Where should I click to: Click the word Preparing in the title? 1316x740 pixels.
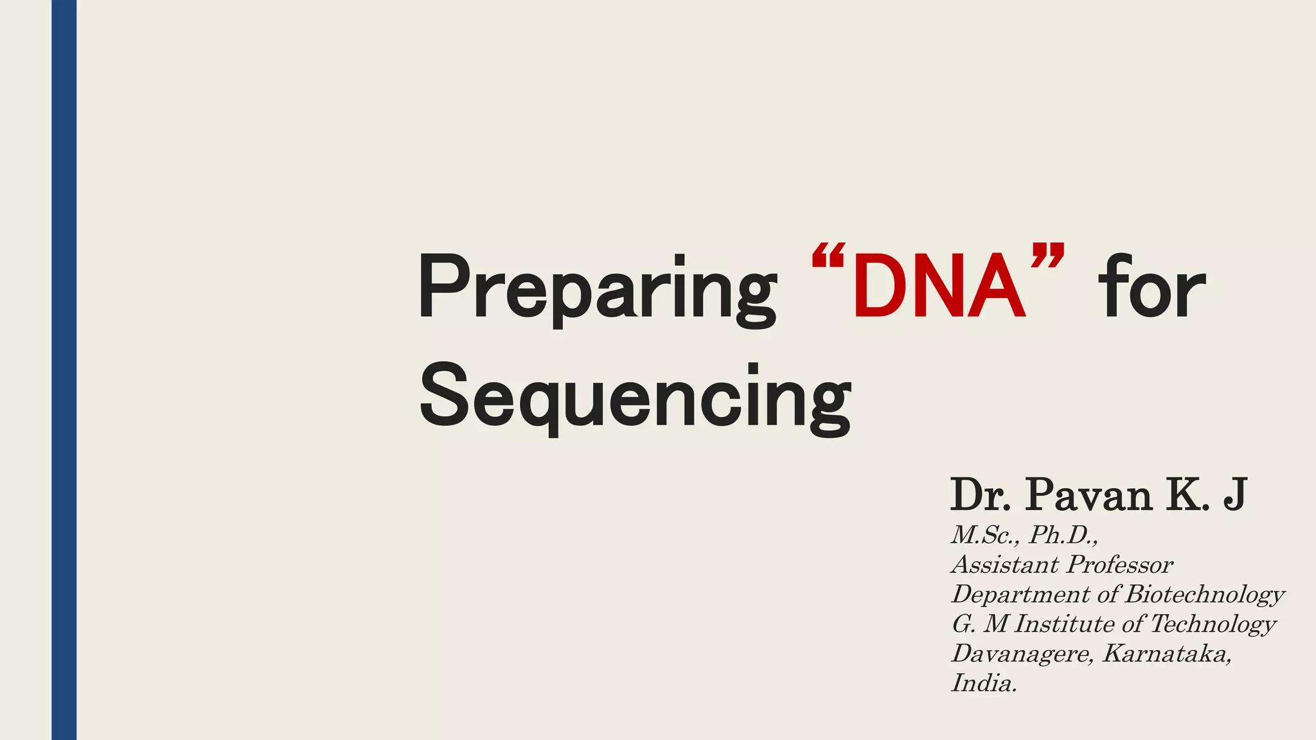tap(596, 287)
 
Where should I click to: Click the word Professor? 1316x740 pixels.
tap(1119, 565)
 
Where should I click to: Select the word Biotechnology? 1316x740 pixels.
tap(1205, 594)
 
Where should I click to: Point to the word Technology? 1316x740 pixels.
tap(1213, 624)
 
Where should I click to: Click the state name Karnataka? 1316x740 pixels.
tap(1167, 653)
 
